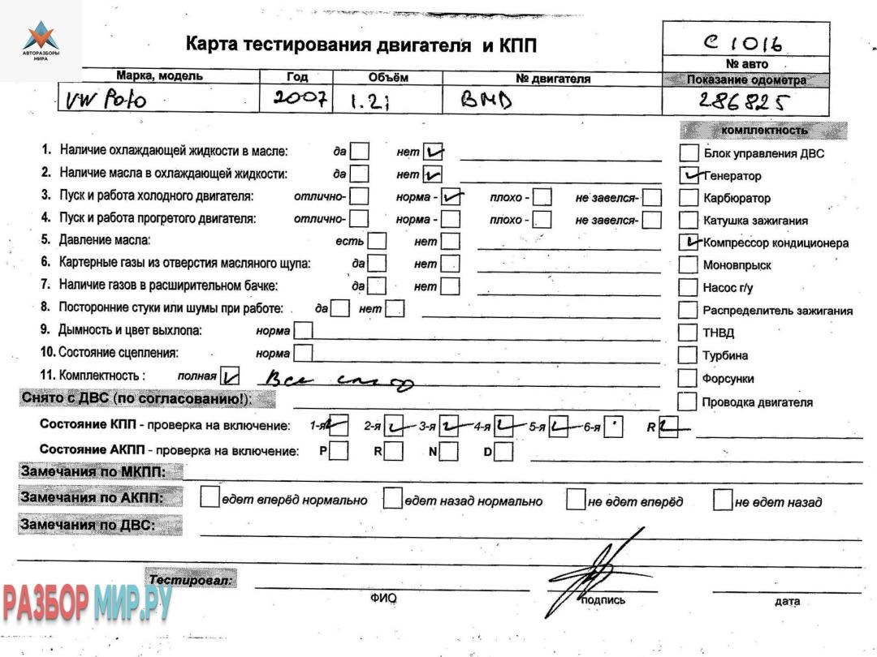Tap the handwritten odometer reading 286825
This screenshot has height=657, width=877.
click(744, 101)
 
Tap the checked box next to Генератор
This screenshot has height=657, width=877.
click(689, 174)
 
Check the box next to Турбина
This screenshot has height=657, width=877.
click(689, 355)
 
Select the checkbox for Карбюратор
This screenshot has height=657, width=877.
click(689, 197)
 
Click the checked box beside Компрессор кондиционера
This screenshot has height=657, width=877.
click(689, 242)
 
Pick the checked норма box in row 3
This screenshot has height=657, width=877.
click(451, 196)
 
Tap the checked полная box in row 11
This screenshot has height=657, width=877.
click(231, 376)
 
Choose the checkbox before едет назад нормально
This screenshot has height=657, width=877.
click(393, 499)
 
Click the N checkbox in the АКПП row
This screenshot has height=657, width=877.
click(450, 452)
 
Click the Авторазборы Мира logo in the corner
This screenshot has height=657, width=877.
click(41, 41)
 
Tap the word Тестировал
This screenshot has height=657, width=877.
click(191, 579)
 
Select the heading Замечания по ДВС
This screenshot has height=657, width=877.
click(89, 525)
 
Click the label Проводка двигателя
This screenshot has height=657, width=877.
click(758, 401)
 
